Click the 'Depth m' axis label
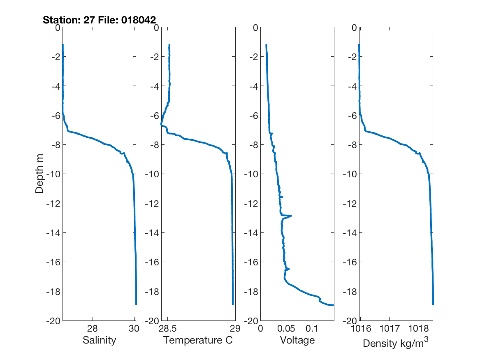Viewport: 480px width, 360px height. tap(39, 174)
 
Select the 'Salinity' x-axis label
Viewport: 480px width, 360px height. tap(99, 340)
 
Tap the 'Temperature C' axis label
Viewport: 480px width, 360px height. tap(198, 340)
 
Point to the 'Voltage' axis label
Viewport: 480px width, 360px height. tap(297, 340)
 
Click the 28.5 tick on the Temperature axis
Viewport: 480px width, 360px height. tap(168, 328)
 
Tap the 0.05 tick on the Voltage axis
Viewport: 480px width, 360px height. tap(286, 328)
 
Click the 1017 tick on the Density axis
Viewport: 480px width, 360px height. tap(389, 328)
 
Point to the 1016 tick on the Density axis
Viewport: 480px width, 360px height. tap(360, 328)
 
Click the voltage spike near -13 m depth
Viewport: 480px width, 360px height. tap(291, 216)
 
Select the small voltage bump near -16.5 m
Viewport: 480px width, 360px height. tap(289, 269)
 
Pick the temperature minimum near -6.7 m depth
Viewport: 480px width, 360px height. tap(161, 125)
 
